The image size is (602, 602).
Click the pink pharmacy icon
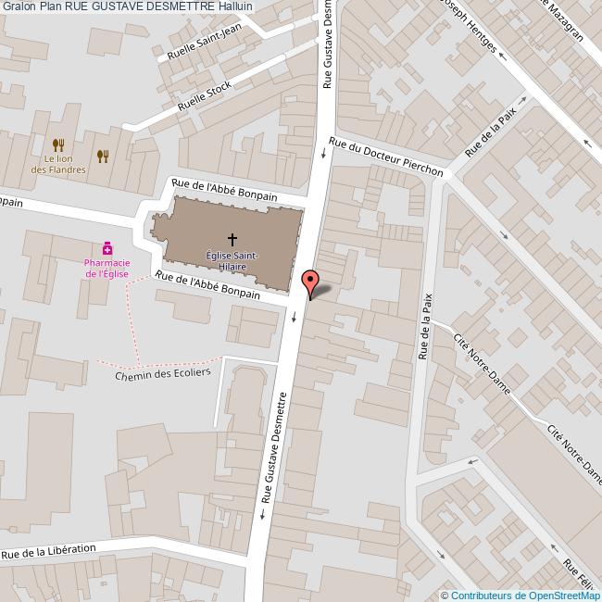[108, 248]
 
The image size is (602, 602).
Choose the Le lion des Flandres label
[58, 164]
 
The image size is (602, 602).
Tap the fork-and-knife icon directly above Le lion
[58, 144]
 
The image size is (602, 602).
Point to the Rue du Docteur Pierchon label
[386, 157]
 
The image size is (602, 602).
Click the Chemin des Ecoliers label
[163, 372]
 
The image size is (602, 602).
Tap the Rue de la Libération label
[48, 552]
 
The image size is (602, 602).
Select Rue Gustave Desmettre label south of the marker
[275, 447]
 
